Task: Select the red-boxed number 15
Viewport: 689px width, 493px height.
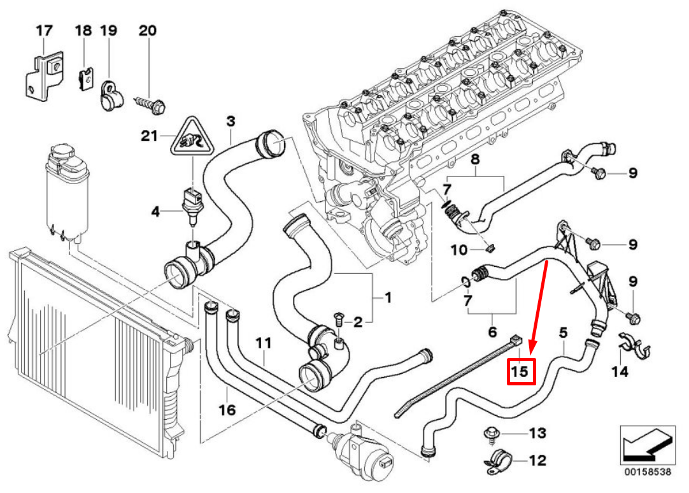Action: tap(520, 371)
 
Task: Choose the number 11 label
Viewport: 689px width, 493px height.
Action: tap(264, 343)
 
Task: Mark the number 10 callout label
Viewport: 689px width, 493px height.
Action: tap(460, 250)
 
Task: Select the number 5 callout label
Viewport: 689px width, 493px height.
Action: tap(563, 332)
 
